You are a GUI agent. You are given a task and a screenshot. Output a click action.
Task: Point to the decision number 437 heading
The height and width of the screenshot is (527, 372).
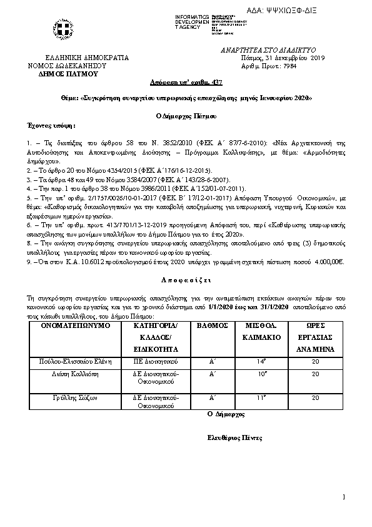point(186,83)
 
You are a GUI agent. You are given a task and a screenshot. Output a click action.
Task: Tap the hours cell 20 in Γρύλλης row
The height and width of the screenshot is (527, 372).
point(315,397)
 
